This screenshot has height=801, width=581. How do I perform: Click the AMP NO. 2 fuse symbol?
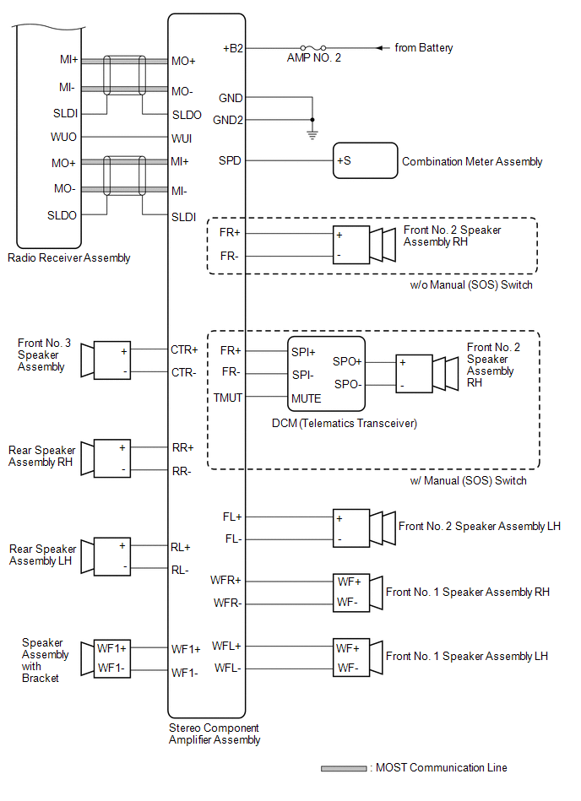coord(309,48)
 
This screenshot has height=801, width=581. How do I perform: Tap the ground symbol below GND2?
coord(312,133)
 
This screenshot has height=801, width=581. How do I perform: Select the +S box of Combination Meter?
coord(365,160)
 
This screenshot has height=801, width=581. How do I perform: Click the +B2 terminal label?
coord(233,48)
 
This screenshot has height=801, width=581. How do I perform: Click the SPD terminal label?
coord(230,160)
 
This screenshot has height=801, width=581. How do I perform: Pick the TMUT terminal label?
coord(228,397)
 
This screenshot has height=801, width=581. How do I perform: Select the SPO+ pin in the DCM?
coord(347,360)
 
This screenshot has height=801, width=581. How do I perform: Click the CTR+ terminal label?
coord(184,349)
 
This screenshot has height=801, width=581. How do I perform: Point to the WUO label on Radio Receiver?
coord(64,136)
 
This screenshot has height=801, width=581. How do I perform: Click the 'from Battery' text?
coord(424,48)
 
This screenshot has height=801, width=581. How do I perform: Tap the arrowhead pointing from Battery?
coord(380,48)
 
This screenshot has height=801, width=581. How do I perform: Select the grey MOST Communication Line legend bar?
coord(343,769)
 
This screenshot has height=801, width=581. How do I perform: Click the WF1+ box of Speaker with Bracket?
coord(112,649)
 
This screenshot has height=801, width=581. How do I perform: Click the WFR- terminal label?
coord(226,603)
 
